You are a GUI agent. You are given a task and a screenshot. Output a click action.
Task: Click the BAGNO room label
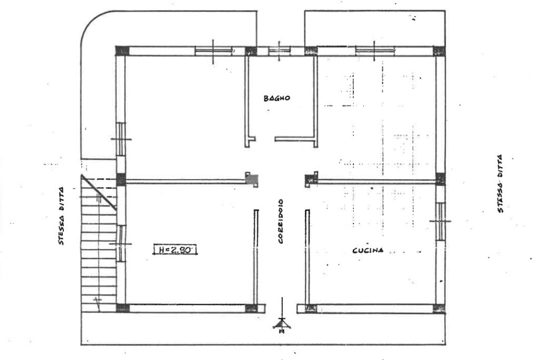(277, 98)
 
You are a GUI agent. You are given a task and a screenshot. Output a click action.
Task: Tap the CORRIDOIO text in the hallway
(281, 221)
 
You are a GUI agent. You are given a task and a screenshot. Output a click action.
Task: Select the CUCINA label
(368, 250)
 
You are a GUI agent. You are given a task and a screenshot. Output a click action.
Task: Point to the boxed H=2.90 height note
(175, 249)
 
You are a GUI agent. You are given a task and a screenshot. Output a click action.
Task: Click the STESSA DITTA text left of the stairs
(61, 216)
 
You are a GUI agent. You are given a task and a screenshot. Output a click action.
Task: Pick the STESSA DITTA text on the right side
(500, 184)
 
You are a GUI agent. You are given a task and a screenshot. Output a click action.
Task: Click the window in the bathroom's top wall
(279, 51)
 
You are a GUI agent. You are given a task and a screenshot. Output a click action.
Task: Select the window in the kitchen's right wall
(440, 221)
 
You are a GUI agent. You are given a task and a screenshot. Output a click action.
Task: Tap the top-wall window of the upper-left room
(214, 51)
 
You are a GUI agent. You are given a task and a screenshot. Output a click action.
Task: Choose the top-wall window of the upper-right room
(374, 51)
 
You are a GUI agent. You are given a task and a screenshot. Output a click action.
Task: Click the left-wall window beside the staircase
(121, 244)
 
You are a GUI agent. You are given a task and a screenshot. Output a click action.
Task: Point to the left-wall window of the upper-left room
(121, 139)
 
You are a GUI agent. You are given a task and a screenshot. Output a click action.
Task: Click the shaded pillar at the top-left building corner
(122, 51)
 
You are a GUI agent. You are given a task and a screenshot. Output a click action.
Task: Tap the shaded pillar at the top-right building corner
(439, 51)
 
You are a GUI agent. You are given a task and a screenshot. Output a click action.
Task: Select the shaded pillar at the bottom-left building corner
(122, 308)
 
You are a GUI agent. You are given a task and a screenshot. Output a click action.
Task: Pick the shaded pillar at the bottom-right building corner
(439, 308)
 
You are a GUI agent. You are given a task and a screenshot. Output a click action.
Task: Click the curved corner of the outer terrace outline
(91, 21)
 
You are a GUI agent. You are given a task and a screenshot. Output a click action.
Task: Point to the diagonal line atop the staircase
(99, 192)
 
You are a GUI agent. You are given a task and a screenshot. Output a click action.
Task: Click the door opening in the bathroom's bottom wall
(265, 139)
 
